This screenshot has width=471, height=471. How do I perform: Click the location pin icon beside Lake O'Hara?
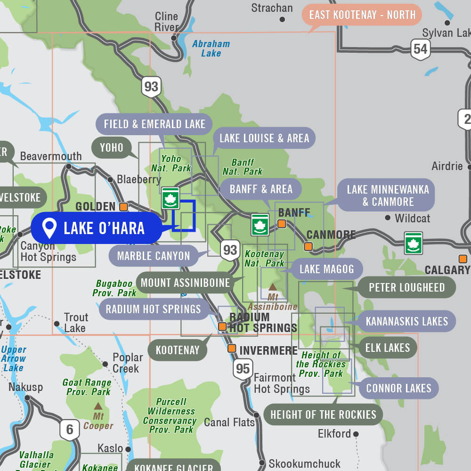pos(49,228)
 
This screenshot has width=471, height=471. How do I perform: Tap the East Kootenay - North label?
pos(362,15)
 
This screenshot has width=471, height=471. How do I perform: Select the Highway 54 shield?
pos(420,49)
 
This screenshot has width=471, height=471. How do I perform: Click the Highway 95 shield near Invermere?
pos(243,368)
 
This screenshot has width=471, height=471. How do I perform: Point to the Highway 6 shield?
pos(70,430)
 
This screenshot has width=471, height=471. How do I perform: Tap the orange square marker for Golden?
pos(123,206)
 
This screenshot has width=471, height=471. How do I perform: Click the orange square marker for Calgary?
pos(463,259)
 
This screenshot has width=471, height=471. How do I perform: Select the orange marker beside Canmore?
pos(308,246)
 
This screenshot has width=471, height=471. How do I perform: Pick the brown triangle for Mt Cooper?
pos(98,406)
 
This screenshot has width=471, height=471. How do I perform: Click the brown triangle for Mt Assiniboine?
pos(272,286)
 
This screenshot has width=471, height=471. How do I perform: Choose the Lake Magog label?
pos(326,269)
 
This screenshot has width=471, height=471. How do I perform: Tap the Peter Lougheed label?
pos(406,287)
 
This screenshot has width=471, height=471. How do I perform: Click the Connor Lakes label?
pos(398,389)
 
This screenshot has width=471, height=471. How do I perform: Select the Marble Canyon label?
pos(153,256)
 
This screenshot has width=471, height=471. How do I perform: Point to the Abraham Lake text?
pos(211,49)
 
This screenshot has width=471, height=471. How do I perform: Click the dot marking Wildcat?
pos(388,218)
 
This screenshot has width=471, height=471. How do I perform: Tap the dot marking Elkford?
pos(356,434)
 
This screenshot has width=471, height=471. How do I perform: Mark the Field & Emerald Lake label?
pos(154,124)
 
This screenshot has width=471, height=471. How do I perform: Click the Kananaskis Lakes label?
pos(406,321)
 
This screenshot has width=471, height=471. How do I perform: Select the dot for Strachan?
pos(283,19)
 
